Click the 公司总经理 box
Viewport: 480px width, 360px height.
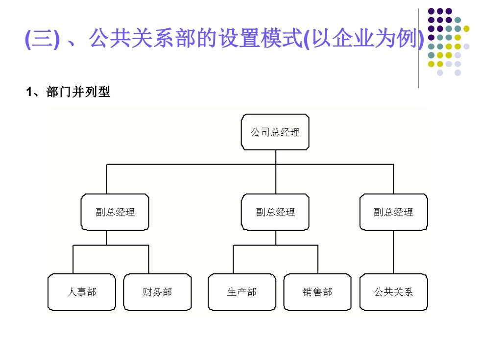pos(275,132)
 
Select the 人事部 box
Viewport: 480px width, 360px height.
pos(82,292)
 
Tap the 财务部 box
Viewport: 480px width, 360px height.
pos(157,292)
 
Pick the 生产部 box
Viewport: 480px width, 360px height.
pos(242,292)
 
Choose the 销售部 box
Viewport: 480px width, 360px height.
pos(317,292)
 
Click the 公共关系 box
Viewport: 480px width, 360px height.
pos(394,292)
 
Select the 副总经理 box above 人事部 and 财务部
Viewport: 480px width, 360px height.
pos(115,212)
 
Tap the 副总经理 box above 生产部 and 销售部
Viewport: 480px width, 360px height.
pos(275,212)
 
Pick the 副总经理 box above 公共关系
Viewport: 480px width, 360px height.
pos(394,212)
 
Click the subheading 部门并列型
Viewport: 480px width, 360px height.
pos(78,92)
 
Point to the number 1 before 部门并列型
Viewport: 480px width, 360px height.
pos(29,92)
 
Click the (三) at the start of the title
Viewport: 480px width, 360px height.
pos(42,39)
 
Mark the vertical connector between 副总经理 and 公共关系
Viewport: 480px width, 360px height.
pos(393,252)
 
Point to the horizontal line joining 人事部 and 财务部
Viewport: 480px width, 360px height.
pos(111,245)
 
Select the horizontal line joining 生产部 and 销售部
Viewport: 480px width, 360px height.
pos(275,245)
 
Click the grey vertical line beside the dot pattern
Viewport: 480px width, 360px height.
pos(418,48)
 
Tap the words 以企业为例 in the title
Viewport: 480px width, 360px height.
pos(364,38)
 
